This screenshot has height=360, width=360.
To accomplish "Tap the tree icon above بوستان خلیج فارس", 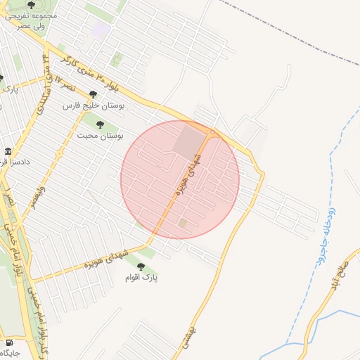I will click(x=93, y=94).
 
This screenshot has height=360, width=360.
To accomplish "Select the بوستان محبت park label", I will click(x=100, y=134).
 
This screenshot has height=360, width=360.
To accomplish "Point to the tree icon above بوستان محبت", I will click(x=100, y=124).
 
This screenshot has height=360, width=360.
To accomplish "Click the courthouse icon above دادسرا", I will click(x=8, y=152).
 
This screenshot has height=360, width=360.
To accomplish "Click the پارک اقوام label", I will click(x=142, y=278).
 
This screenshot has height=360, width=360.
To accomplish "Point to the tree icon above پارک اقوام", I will click(x=141, y=267).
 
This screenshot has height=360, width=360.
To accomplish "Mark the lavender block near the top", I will click(x=101, y=31).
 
